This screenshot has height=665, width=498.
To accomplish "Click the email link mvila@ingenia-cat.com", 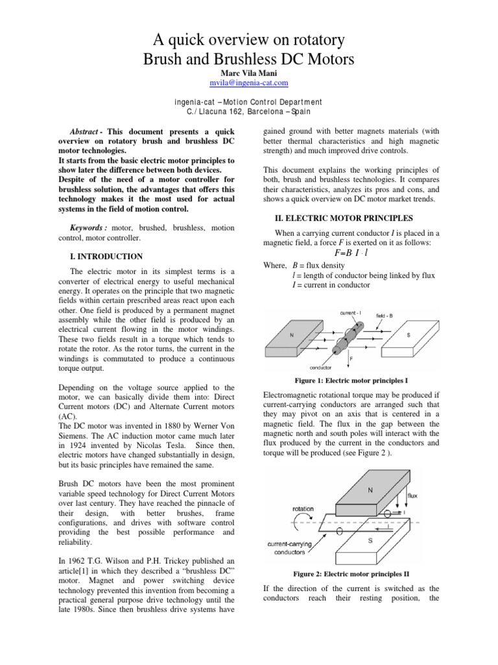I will click(x=249, y=83).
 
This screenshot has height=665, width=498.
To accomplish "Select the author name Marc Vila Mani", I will click(x=249, y=73).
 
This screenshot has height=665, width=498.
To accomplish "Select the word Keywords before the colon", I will click(x=88, y=228).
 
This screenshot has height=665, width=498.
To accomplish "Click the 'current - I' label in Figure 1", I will click(x=353, y=312).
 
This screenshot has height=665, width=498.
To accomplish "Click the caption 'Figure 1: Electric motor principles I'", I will click(x=351, y=380).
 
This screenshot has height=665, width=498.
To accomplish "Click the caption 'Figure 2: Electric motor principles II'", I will click(x=351, y=574).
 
